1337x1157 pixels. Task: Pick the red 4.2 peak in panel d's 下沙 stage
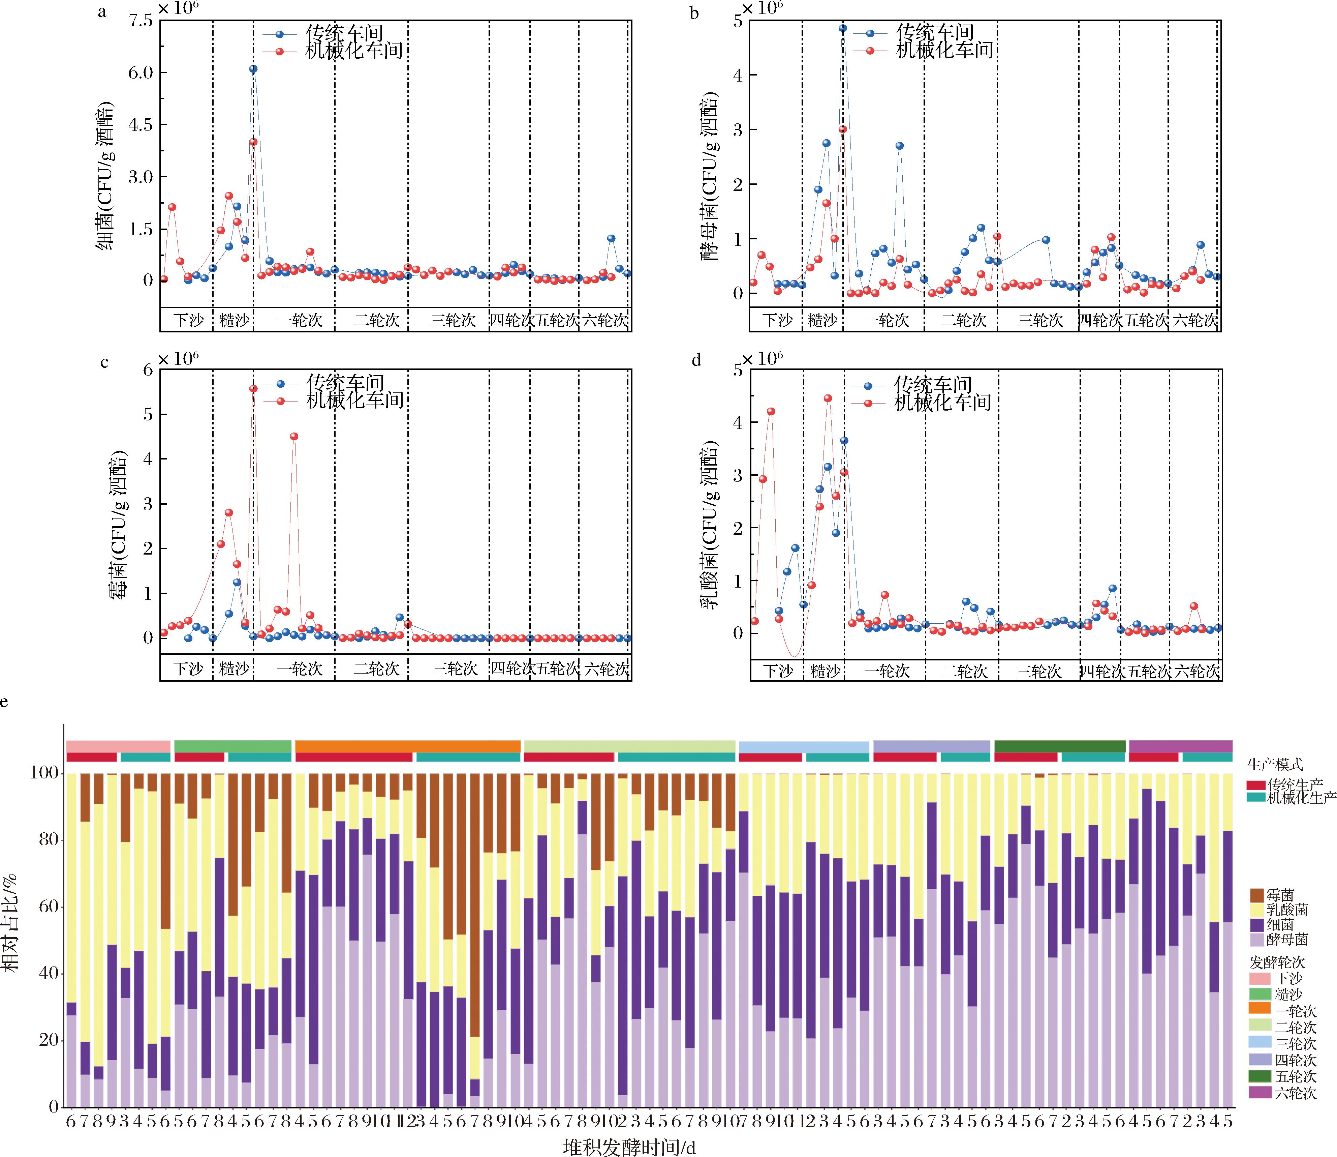click(x=771, y=411)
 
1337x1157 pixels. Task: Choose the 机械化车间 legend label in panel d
click(x=942, y=403)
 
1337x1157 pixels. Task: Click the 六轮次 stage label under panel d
click(x=1196, y=672)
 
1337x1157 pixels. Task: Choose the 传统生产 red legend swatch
click(x=1255, y=785)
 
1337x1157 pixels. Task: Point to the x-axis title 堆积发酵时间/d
click(x=629, y=1147)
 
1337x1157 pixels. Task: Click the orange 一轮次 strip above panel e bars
click(x=407, y=746)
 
